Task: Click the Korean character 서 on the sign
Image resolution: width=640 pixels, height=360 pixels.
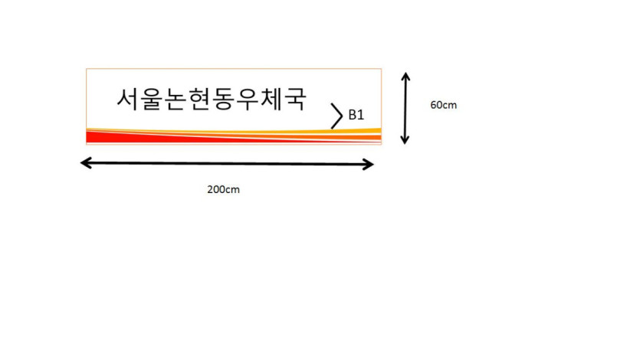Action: coord(128,98)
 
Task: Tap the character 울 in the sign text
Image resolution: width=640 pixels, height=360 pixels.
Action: coord(152,99)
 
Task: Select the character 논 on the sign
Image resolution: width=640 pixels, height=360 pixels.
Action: coord(176,99)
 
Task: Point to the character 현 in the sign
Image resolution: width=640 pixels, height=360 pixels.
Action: coord(199,99)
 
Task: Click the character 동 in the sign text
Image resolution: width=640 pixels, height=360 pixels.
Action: coord(223,99)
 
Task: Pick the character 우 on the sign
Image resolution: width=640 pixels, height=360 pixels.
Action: coord(247,99)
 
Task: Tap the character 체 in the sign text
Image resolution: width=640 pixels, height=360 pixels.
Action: coord(271,98)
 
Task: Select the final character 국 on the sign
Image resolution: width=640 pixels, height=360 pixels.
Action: coord(294,99)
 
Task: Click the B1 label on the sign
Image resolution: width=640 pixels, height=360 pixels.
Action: coord(356,115)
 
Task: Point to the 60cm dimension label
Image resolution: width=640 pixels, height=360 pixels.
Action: coord(443,105)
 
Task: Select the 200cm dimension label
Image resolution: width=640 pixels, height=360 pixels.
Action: coord(223,190)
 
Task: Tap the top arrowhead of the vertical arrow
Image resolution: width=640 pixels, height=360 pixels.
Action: coord(405,77)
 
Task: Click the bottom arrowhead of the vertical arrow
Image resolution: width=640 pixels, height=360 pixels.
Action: coord(405,140)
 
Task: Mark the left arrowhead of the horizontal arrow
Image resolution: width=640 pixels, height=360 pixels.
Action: coord(85,162)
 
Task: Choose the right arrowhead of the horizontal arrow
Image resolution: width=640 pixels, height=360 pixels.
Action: coord(369,165)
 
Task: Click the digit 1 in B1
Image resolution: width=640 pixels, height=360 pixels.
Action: coord(361,115)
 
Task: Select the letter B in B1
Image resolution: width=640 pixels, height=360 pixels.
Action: coord(353,115)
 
